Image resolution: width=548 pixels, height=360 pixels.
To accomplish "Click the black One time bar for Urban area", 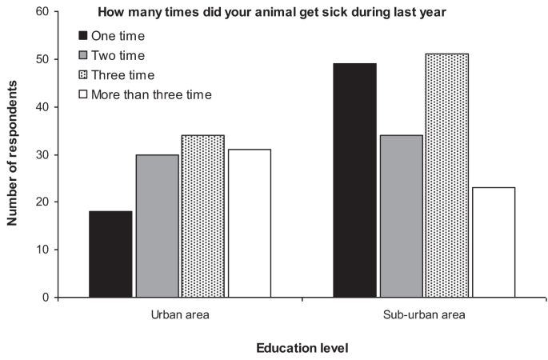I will [110, 254].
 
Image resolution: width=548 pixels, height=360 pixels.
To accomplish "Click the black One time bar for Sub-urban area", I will [354, 180].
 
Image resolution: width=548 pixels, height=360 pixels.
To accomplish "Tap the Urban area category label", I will [180, 314].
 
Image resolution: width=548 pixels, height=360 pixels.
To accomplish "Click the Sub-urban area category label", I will [423, 314].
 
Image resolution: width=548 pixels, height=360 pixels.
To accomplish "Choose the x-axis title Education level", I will [302, 348].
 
